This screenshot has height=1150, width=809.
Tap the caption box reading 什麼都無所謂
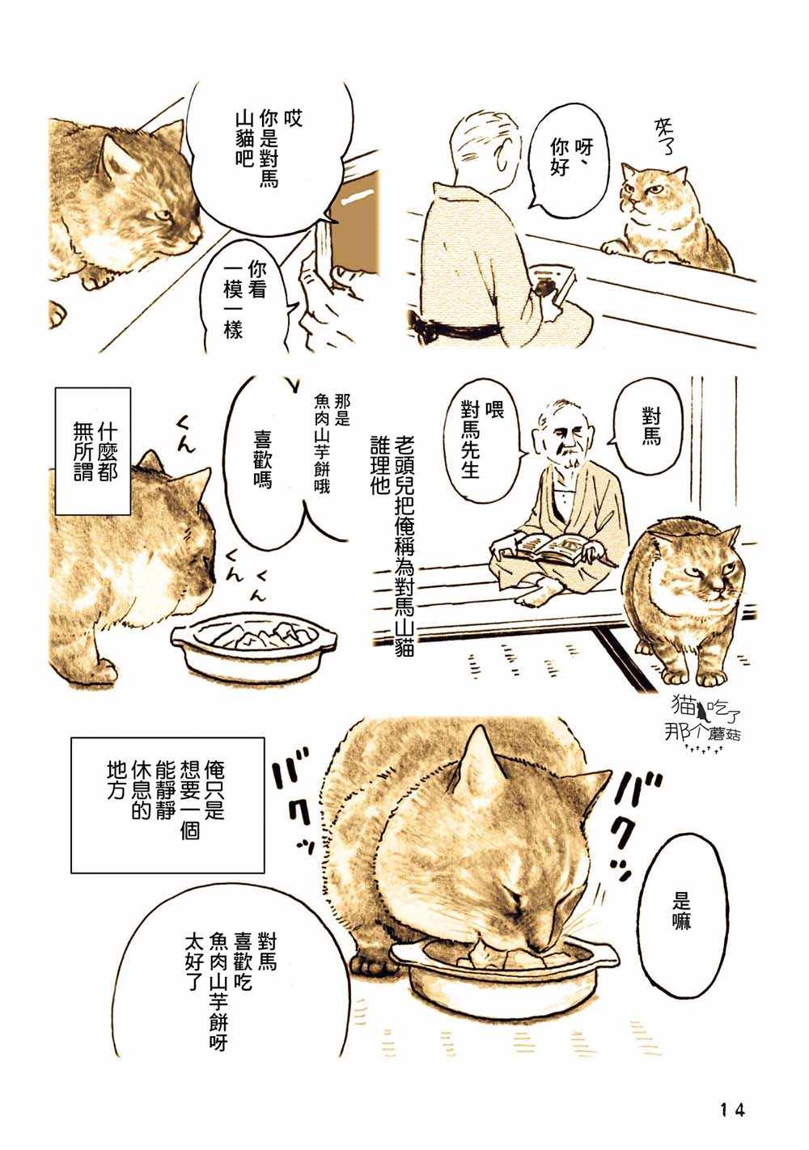point(92,451)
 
